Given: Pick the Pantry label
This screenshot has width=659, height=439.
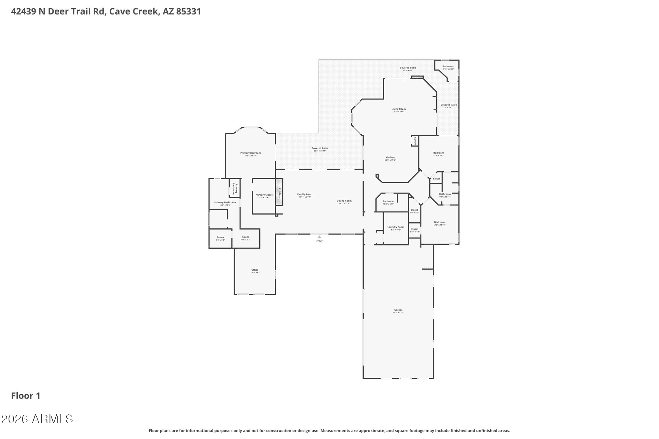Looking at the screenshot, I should [x=415, y=141].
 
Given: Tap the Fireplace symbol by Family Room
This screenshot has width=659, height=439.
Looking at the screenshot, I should [x=279, y=192].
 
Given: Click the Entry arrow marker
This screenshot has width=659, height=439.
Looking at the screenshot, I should [x=319, y=237].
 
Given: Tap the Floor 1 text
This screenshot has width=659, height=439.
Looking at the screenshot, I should [x=26, y=396].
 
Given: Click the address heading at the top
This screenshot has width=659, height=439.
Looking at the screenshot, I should [x=106, y=12].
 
